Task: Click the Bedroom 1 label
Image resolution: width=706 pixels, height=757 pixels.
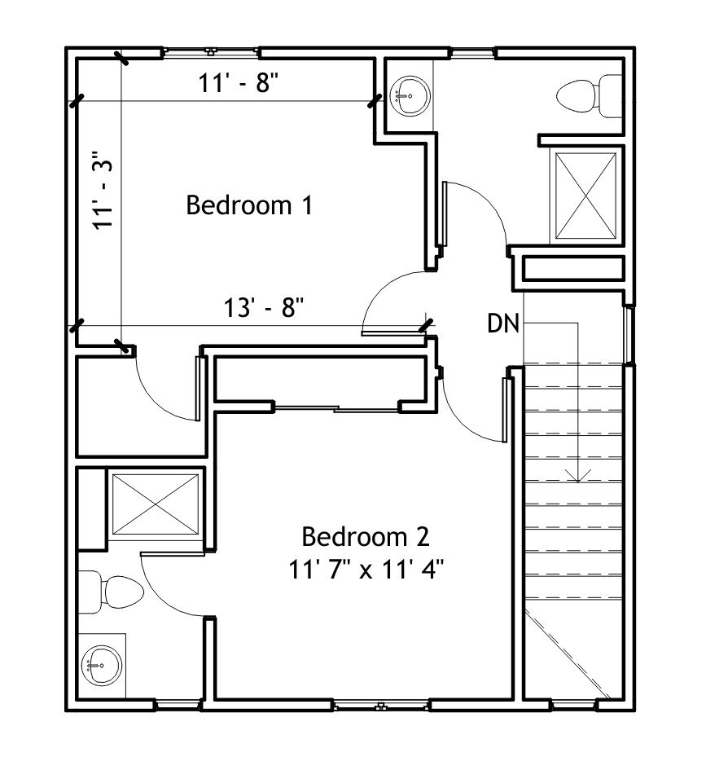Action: click(x=249, y=205)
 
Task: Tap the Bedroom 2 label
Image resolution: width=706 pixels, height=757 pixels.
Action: click(x=366, y=537)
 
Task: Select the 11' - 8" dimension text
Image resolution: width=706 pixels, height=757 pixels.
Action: click(x=239, y=82)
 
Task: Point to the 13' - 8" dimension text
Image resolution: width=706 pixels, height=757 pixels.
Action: click(x=264, y=307)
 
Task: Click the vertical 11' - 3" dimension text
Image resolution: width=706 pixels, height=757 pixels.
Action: click(x=103, y=190)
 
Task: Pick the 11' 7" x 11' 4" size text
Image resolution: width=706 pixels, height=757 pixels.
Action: click(x=366, y=569)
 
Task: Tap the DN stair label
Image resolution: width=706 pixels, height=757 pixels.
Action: click(x=503, y=323)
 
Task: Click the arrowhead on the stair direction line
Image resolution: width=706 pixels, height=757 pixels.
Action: click(x=577, y=476)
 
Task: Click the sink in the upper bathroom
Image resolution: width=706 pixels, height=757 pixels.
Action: click(x=410, y=95)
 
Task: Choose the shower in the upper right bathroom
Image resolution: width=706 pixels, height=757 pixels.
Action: click(x=585, y=196)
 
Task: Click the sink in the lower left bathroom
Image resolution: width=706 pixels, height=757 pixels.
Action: click(x=101, y=665)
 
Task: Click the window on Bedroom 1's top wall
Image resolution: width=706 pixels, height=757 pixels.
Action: click(x=211, y=51)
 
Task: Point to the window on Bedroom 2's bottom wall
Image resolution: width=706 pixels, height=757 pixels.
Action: click(x=381, y=706)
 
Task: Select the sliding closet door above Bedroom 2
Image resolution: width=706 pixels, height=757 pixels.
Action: click(x=336, y=409)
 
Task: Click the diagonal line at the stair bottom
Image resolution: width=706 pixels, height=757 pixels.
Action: click(x=567, y=654)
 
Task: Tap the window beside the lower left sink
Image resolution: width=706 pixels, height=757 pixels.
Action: click(x=178, y=706)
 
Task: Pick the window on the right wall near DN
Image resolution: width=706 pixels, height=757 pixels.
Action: click(x=629, y=336)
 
